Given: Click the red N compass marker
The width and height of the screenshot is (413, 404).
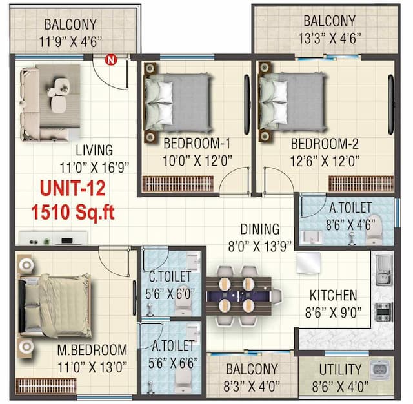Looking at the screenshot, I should point(110,61).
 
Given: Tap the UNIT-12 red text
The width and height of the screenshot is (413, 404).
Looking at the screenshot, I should point(74,189).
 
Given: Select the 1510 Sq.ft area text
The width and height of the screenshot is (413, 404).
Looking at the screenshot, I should point(73,212).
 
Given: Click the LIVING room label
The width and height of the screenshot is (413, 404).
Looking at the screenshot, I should point(94,150).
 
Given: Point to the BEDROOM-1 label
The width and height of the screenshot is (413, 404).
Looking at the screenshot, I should point(197,142).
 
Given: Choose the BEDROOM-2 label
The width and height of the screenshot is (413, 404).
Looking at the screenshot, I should point(325,142).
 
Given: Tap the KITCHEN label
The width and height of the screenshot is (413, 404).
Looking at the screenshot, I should point(333,296).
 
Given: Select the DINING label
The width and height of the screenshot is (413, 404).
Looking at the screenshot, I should point(259,229).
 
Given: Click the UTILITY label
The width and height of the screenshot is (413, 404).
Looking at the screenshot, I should point(340,369).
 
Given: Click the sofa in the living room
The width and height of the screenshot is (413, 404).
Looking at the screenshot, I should point(32,103).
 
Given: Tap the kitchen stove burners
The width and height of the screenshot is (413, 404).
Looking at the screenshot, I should point(382,312).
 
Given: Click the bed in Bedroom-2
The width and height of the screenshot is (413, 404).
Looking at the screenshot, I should point(292,101).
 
